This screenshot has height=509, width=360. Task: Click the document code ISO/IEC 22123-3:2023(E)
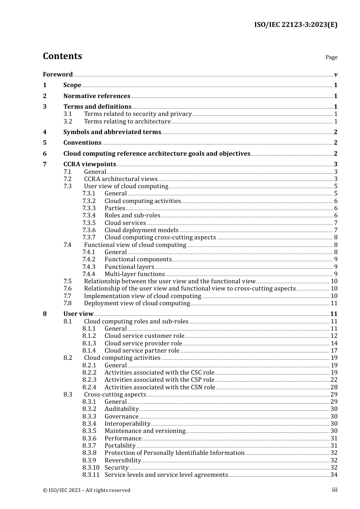(x=295, y=25)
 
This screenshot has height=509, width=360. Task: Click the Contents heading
(x=62, y=56)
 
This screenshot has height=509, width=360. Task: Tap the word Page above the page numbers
(x=331, y=57)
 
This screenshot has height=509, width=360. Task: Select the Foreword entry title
(x=58, y=74)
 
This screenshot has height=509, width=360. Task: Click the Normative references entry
(x=97, y=96)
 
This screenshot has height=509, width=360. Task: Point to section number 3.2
(x=68, y=122)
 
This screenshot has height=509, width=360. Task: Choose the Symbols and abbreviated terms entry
(x=112, y=132)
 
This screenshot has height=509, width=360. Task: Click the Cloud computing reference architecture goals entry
(x=157, y=154)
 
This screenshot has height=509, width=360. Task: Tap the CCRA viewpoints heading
(x=89, y=164)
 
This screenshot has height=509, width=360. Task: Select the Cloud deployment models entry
(x=141, y=230)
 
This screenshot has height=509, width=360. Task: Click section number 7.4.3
(x=89, y=267)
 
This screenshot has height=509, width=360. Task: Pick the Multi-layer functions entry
(x=135, y=274)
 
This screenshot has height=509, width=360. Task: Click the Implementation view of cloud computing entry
(x=142, y=296)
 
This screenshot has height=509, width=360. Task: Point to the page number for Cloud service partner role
(x=334, y=351)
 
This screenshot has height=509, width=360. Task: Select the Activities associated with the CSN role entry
(x=160, y=387)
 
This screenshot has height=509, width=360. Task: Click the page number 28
(x=334, y=387)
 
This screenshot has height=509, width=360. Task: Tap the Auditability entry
(x=122, y=409)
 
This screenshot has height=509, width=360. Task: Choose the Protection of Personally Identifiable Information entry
(x=174, y=453)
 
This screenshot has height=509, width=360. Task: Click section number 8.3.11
(x=91, y=475)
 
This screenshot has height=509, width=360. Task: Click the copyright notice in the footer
(x=86, y=490)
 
